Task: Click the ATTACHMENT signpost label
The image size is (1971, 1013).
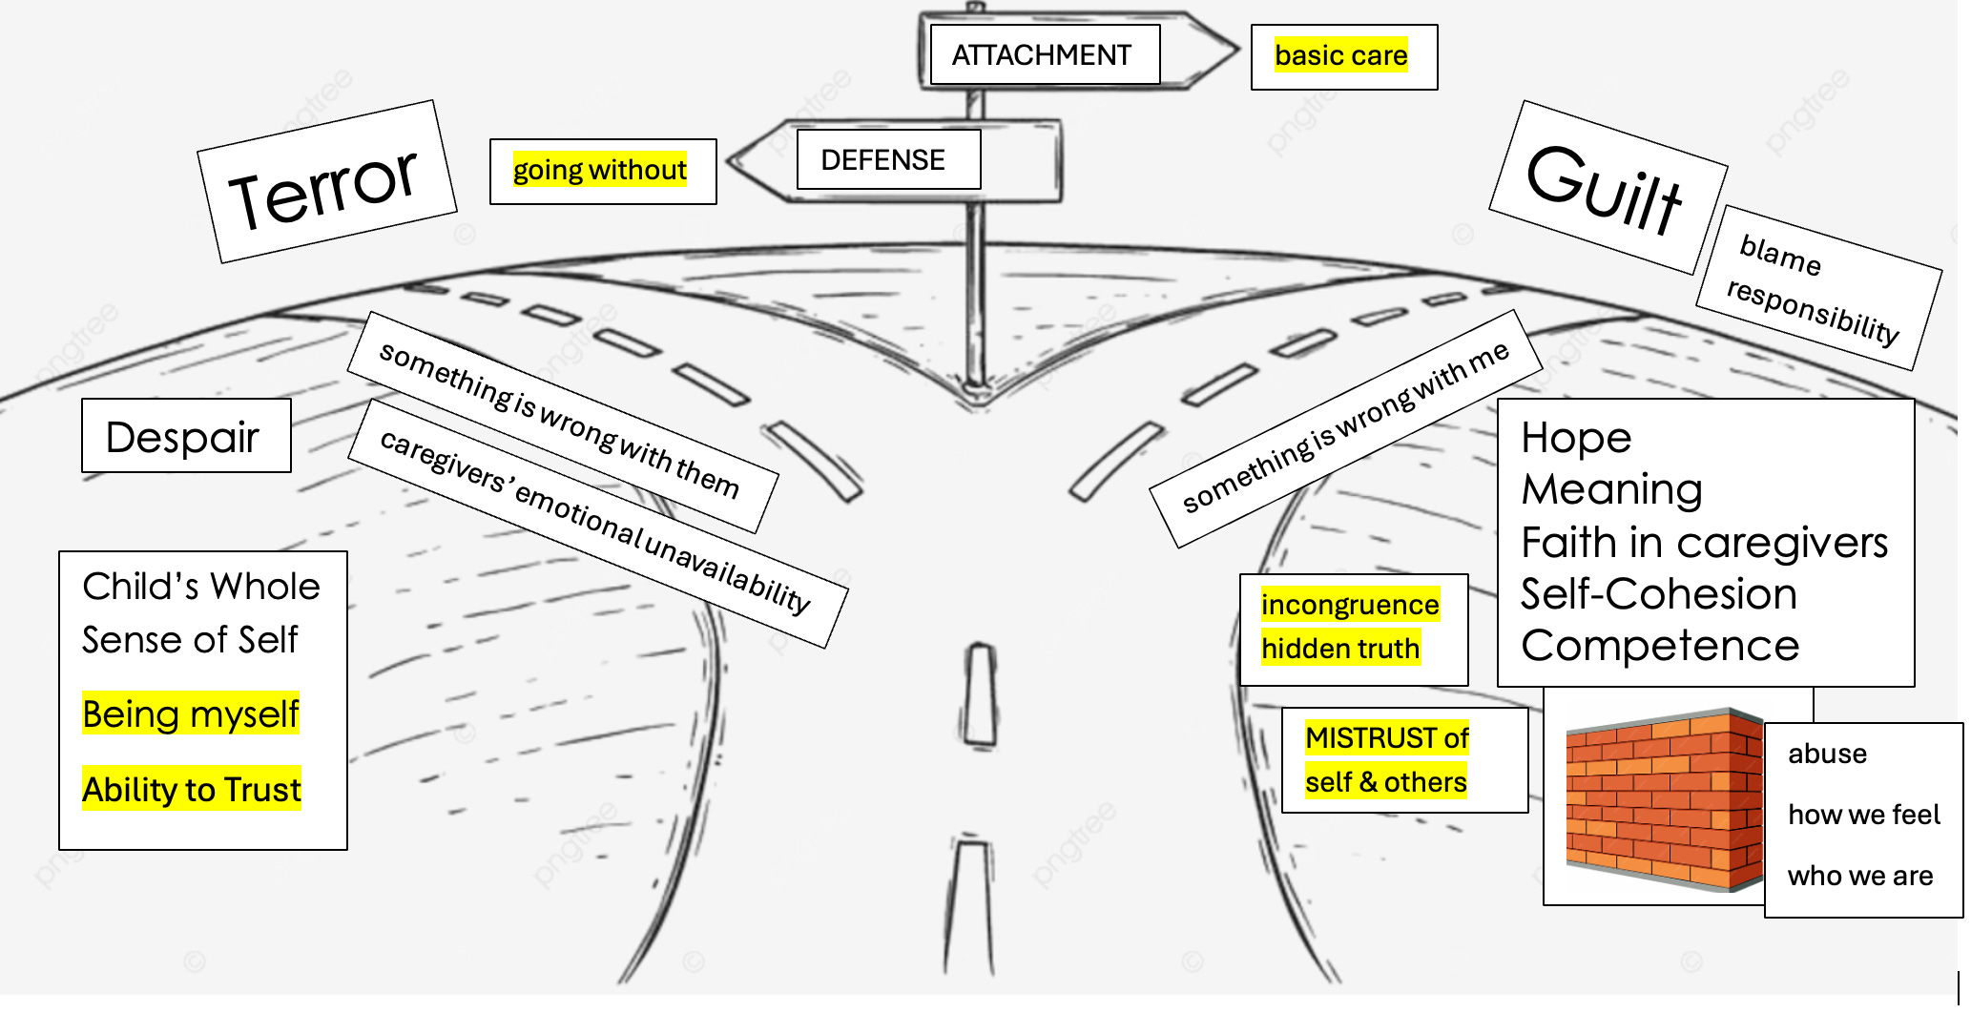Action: (x=1042, y=55)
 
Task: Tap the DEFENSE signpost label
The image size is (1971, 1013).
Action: (x=883, y=159)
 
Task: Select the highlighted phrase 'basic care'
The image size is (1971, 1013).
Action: (x=1341, y=55)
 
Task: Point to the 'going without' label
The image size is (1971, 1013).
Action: (x=600, y=170)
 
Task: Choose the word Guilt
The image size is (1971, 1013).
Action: (x=1605, y=189)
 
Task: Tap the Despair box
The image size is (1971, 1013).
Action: (x=186, y=436)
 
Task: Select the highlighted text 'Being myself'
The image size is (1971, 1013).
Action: (x=191, y=713)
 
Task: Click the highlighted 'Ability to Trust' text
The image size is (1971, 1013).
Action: (x=192, y=789)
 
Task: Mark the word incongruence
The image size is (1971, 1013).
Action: (x=1350, y=605)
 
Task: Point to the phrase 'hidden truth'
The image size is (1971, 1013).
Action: (x=1340, y=649)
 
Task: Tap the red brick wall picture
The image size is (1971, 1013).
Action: (x=1665, y=799)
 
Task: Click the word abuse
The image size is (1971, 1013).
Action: (x=1827, y=754)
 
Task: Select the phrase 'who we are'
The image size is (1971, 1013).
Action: (x=1860, y=876)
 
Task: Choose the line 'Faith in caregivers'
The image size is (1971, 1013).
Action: (x=1704, y=542)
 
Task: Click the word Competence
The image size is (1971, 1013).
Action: (x=1660, y=646)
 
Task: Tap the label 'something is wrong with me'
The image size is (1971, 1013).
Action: (x=1345, y=428)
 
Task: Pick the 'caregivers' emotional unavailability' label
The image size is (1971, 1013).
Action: (x=597, y=523)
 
